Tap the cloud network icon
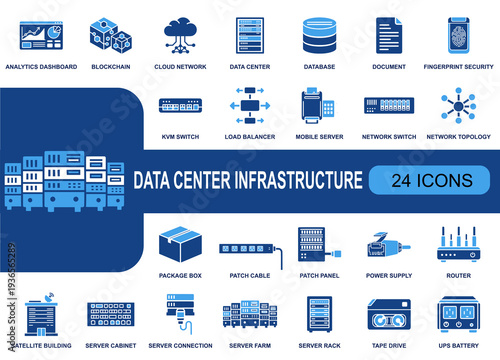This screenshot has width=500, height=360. point(181,35)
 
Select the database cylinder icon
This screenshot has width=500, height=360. point(319,36)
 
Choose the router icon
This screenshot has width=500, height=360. point(457,246)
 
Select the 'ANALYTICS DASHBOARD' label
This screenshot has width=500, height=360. point(41,67)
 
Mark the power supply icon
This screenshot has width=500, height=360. point(388,246)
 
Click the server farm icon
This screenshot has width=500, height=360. point(250,317)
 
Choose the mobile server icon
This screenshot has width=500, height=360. point(319,106)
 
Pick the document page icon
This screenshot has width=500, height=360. point(388,36)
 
